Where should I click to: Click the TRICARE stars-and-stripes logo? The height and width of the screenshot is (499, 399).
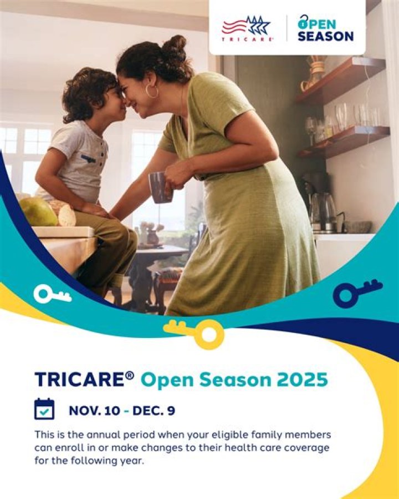pos(247,27)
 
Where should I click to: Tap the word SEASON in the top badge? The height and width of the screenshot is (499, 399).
pos(325,36)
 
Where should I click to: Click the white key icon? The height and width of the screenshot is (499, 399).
pos(52,294)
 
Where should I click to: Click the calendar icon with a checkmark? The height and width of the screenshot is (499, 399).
pos(44,409)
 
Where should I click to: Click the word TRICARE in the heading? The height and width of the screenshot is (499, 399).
pos(80,380)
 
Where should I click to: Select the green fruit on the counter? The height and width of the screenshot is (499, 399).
pos(39,211)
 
